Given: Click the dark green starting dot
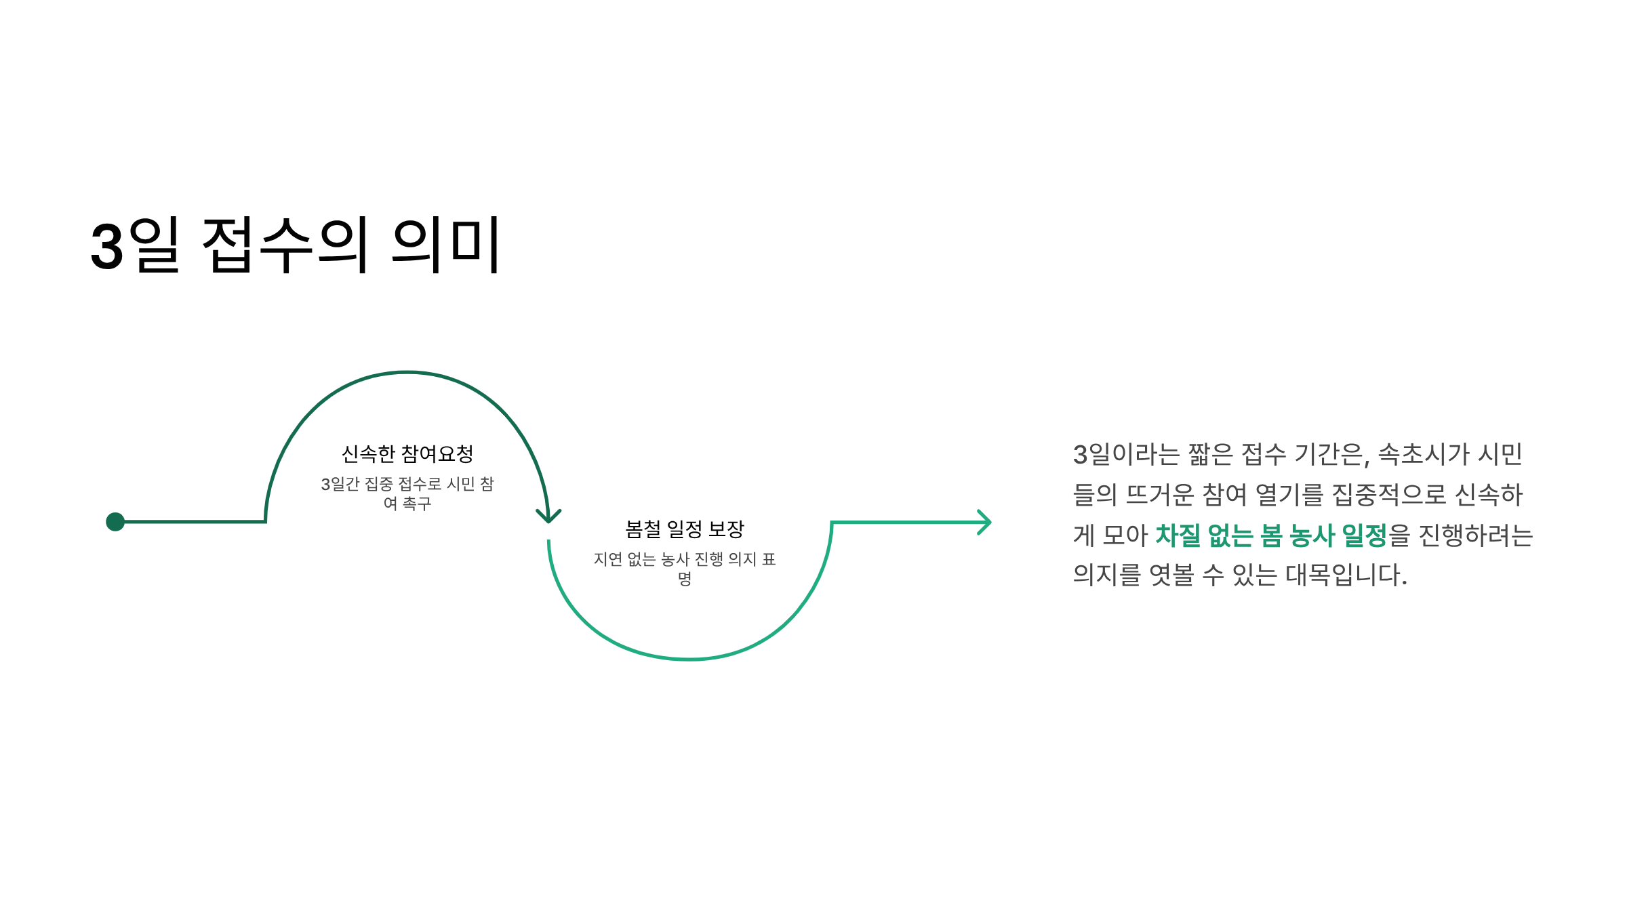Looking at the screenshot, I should click(x=115, y=521).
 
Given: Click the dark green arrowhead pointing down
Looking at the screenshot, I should click(x=548, y=516).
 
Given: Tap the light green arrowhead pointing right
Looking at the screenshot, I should click(x=985, y=522).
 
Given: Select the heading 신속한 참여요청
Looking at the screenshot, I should click(x=407, y=453).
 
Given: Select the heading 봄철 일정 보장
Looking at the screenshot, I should click(x=684, y=529).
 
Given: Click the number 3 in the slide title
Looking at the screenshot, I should click(x=107, y=247).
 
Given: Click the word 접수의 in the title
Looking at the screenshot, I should click(x=285, y=245).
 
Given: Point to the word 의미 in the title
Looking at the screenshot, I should click(x=446, y=245).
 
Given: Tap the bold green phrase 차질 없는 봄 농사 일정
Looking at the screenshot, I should click(x=1271, y=535).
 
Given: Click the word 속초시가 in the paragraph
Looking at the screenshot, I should click(x=1424, y=454).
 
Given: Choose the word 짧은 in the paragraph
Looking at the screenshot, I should click(x=1210, y=454).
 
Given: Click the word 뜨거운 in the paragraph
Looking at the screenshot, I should click(x=1160, y=495).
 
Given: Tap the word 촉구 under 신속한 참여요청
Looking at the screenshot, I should click(x=417, y=504).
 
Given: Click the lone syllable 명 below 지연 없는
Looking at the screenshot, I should click(x=685, y=579).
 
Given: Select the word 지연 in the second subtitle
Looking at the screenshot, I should click(x=607, y=559).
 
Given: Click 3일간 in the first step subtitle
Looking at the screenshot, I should click(x=340, y=484).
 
